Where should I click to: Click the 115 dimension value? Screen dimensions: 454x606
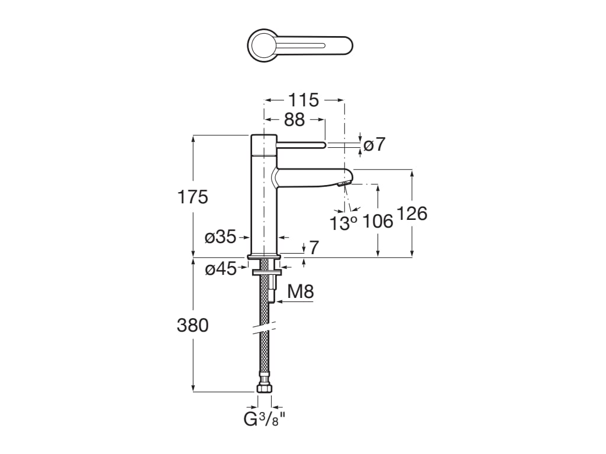304,100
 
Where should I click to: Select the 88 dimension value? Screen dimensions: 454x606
294,120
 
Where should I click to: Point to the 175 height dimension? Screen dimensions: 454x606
193,197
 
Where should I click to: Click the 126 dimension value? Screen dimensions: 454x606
412,213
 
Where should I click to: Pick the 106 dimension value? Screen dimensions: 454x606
378,221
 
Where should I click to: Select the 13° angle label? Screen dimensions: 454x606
344,223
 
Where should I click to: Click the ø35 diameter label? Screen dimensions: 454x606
220,238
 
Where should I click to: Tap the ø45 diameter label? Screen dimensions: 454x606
220,270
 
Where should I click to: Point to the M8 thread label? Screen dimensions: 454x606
300,291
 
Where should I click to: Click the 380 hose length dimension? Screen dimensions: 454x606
193,325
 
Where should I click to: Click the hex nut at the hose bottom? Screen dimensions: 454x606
264,388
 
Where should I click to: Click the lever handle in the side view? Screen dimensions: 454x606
301,144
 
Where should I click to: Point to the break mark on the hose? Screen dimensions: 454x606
264,327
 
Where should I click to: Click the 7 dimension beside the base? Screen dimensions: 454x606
314,248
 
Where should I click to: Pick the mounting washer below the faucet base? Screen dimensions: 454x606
264,273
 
